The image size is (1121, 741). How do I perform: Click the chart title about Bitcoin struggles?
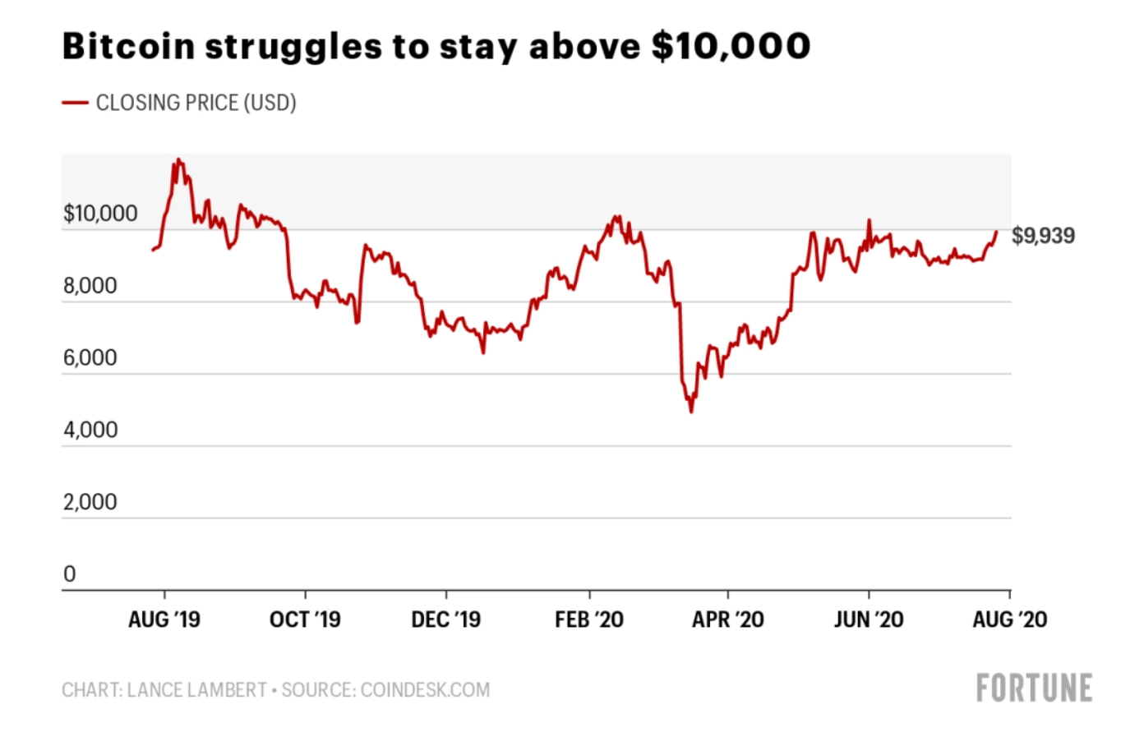[436, 46]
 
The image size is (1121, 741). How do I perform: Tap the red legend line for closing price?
[75, 103]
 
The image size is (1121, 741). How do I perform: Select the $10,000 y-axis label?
[100, 214]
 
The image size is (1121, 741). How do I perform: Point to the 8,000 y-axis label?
[90, 286]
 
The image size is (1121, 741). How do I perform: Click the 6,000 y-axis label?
[90, 358]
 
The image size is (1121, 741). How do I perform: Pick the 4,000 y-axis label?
[90, 430]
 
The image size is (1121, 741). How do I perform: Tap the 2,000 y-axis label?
[90, 502]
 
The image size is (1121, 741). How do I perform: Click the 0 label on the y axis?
[70, 574]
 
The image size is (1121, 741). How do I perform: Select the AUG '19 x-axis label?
[164, 619]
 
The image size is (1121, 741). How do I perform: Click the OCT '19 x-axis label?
[305, 619]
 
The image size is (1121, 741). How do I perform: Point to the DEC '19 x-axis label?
[446, 619]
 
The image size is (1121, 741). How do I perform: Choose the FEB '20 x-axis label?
[589, 619]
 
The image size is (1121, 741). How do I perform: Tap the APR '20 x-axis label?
[728, 619]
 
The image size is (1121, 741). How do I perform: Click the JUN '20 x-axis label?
[869, 619]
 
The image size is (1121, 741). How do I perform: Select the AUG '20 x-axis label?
[1010, 619]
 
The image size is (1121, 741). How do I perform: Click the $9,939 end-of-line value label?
[1043, 236]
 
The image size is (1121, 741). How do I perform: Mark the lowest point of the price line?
[691, 412]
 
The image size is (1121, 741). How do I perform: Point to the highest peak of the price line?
[178, 160]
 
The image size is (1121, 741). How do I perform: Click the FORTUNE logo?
[1034, 688]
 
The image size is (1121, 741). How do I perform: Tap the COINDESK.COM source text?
[425, 690]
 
